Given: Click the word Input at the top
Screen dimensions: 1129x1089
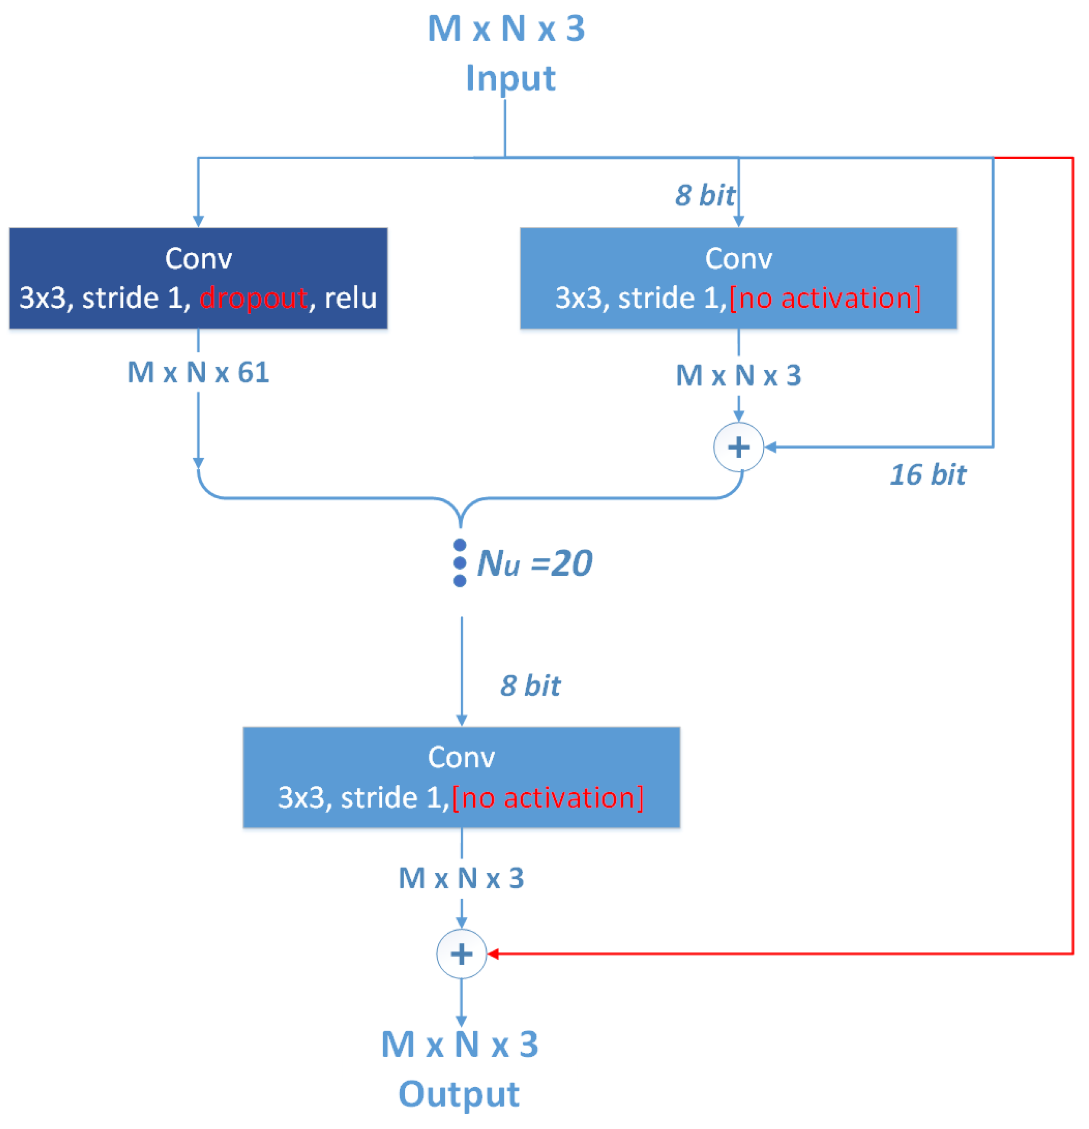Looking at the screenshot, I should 511,78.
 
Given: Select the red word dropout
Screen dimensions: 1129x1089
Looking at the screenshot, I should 254,298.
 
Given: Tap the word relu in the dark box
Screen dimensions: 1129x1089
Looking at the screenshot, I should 350,298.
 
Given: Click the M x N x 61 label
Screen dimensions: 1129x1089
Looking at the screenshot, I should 198,373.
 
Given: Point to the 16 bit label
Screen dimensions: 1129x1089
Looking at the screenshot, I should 927,475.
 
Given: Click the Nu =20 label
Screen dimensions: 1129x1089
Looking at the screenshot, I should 534,563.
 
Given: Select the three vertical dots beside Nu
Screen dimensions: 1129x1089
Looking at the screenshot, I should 460,563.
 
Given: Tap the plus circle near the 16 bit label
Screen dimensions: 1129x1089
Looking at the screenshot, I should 739,447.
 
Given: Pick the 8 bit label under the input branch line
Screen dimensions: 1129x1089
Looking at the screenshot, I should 704,195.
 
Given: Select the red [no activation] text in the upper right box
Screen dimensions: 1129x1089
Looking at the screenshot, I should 825,298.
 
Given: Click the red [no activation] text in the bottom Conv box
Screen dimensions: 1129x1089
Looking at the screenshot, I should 548,798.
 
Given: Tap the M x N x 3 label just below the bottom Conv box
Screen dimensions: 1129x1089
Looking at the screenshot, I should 462,878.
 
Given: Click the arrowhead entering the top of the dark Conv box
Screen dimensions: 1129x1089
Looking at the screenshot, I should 198,222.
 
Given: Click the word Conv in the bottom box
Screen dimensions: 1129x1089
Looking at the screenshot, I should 461,758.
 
